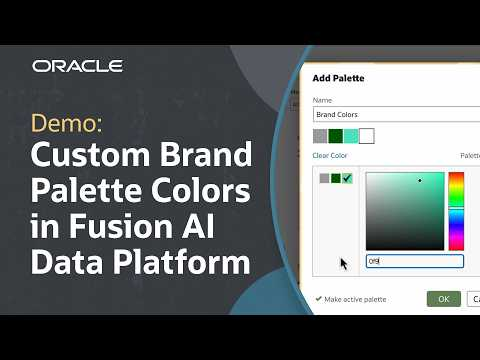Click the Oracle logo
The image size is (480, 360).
(77, 66)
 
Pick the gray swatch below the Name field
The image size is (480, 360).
(320, 136)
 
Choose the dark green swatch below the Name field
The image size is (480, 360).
(335, 136)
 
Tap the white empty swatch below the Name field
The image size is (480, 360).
(366, 136)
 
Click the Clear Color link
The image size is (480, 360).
(331, 156)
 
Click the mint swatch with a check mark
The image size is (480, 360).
(347, 178)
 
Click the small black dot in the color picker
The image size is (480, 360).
(420, 181)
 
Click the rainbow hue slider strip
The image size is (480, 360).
(455, 211)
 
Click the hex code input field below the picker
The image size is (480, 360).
(413, 261)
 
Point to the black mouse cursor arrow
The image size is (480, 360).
(343, 264)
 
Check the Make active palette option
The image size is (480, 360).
(318, 298)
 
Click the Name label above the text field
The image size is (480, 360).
(322, 100)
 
